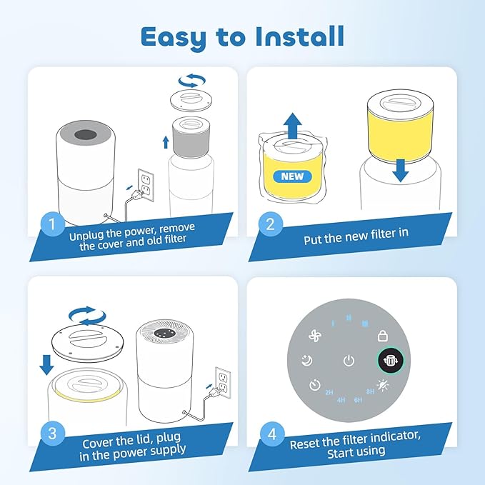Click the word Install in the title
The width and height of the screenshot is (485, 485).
click(x=300, y=36)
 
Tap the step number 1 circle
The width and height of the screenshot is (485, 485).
click(x=53, y=224)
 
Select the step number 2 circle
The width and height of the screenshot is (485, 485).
click(x=271, y=224)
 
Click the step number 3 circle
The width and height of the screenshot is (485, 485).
click(x=53, y=434)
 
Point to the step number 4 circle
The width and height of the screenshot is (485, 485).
click(x=272, y=434)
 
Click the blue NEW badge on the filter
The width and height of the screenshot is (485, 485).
click(x=293, y=176)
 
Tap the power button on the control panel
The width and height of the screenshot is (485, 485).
click(x=349, y=360)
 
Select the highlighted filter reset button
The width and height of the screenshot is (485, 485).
click(x=390, y=360)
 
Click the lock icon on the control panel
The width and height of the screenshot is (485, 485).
click(x=383, y=336)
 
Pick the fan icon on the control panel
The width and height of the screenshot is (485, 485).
click(x=315, y=336)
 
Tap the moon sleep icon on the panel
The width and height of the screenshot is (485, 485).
click(x=307, y=360)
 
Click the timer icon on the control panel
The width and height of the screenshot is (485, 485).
click(x=314, y=385)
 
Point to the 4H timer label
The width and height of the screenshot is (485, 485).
click(x=341, y=400)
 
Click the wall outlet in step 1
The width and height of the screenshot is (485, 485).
click(x=146, y=185)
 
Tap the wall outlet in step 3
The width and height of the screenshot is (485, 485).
click(x=223, y=383)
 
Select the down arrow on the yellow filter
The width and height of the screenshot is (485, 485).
click(x=401, y=170)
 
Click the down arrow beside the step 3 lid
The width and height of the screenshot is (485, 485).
click(x=46, y=365)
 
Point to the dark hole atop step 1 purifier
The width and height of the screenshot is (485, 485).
click(x=86, y=134)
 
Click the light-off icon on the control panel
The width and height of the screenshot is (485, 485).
click(x=383, y=386)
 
